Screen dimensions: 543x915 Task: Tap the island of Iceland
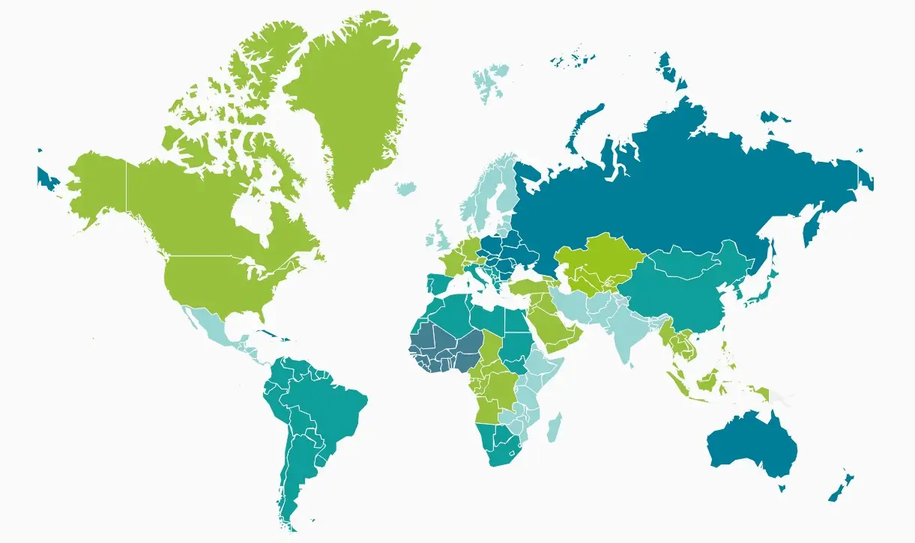click(405, 187)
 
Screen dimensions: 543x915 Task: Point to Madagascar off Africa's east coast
click(554, 428)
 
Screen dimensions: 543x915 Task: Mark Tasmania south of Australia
click(781, 488)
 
